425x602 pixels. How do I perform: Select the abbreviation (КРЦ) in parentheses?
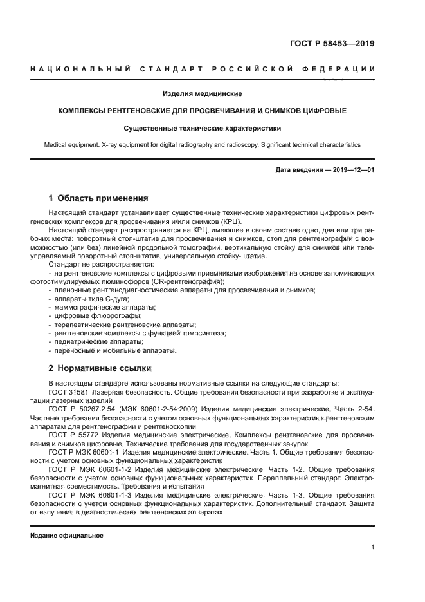[230, 221]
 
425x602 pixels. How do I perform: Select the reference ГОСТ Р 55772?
[72, 435]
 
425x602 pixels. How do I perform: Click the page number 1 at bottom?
[373, 547]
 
